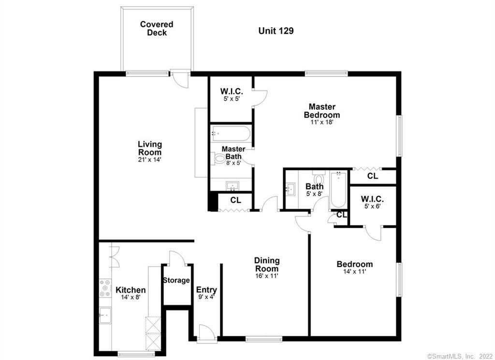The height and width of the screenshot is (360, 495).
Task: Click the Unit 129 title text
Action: click(x=276, y=31)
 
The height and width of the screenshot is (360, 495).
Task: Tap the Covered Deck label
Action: click(x=157, y=29)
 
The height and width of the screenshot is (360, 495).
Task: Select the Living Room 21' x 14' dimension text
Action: click(x=150, y=160)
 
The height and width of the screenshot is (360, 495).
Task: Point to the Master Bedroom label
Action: click(x=322, y=111)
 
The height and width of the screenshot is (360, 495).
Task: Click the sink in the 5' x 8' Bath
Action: click(x=291, y=189)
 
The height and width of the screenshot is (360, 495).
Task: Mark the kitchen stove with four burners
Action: click(x=104, y=288)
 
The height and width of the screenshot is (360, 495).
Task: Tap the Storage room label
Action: click(x=176, y=281)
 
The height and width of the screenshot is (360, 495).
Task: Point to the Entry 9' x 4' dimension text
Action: click(x=206, y=297)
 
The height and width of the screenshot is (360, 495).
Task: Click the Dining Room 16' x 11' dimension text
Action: click(x=267, y=276)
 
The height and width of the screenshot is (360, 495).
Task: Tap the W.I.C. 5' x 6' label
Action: click(x=372, y=202)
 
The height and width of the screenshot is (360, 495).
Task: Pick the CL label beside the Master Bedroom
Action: click(x=372, y=176)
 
